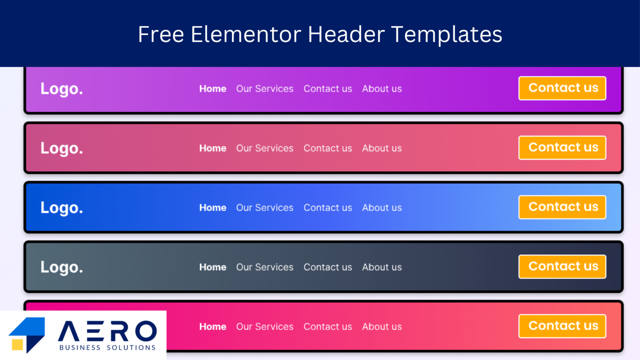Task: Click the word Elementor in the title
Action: click(246, 34)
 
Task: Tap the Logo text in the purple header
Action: click(62, 89)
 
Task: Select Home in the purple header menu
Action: click(213, 89)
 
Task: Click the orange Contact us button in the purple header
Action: click(562, 88)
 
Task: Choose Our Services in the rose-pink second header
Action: click(265, 148)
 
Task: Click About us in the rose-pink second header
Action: click(382, 148)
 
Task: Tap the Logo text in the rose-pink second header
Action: click(62, 148)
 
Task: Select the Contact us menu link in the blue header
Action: click(328, 208)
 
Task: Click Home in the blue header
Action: click(213, 208)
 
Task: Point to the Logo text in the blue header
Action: click(62, 207)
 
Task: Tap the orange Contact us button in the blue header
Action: click(562, 207)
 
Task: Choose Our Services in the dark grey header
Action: click(265, 267)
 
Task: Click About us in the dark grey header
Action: click(382, 267)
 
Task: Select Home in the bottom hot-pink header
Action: click(213, 327)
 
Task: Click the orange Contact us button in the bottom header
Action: click(562, 326)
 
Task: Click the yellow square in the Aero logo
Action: click(17, 344)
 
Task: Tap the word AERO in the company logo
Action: click(107, 331)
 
